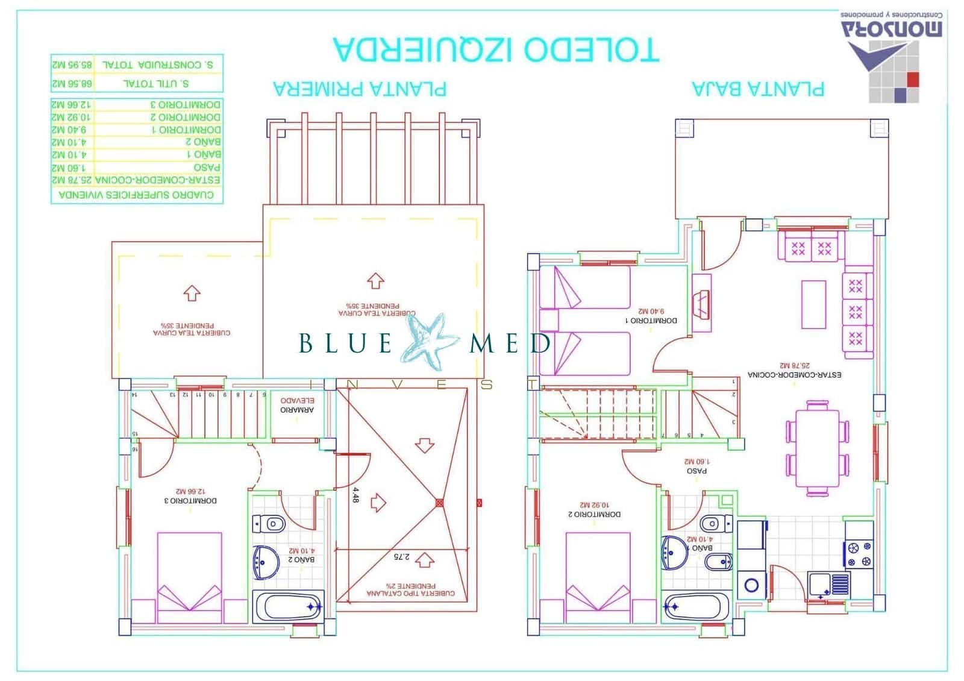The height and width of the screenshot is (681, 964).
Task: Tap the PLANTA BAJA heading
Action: tap(757, 89)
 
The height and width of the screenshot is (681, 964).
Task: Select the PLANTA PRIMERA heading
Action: tap(360, 89)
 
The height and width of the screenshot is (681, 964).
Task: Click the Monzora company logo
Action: tap(892, 57)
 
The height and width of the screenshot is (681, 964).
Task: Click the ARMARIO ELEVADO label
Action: tap(297, 405)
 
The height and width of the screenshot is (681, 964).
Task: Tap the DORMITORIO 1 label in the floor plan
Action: tap(651, 316)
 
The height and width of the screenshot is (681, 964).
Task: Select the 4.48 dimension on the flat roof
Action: tap(355, 495)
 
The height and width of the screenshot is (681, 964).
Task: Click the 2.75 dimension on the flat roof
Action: tap(401, 557)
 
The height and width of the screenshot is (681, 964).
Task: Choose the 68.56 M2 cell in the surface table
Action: tap(72, 84)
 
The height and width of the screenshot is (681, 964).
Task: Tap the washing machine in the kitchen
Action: tap(751, 584)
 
